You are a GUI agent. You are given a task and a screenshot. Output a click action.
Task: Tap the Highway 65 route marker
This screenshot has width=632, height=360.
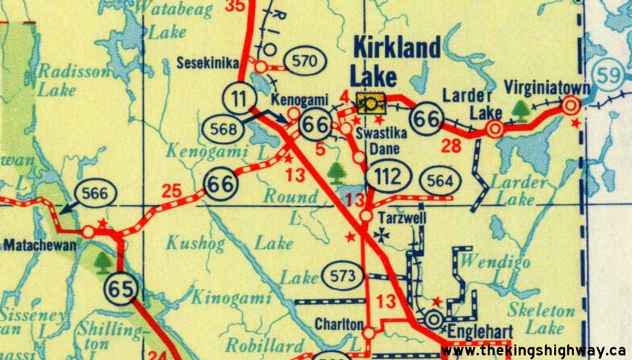[121, 286]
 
